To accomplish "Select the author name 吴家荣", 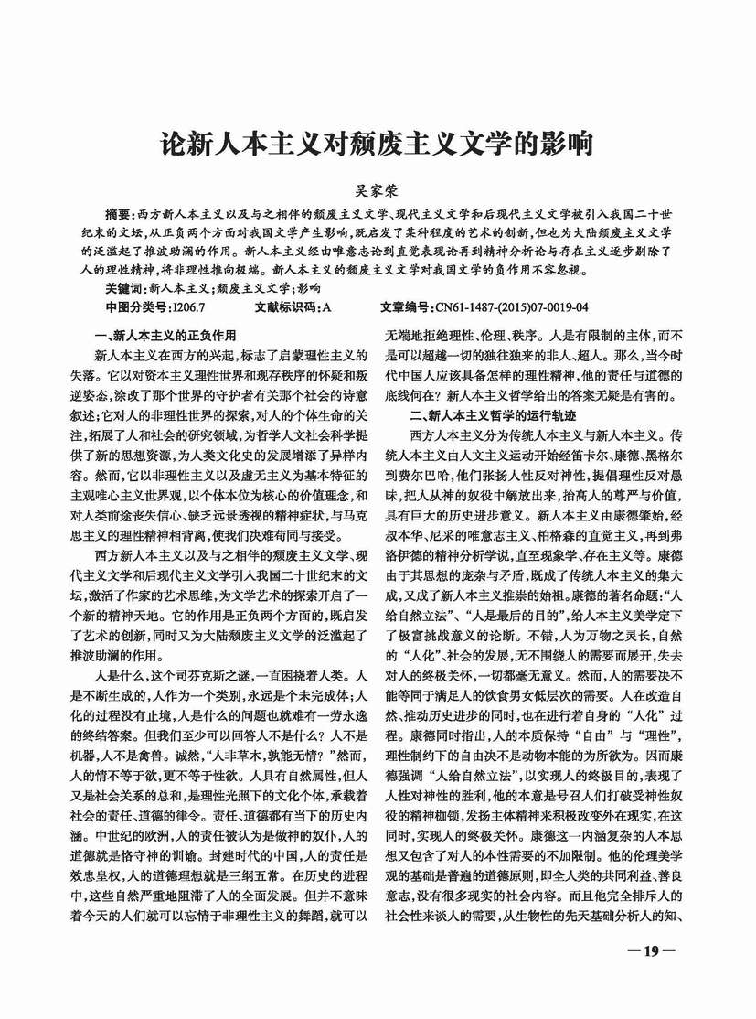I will pos(377,193).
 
